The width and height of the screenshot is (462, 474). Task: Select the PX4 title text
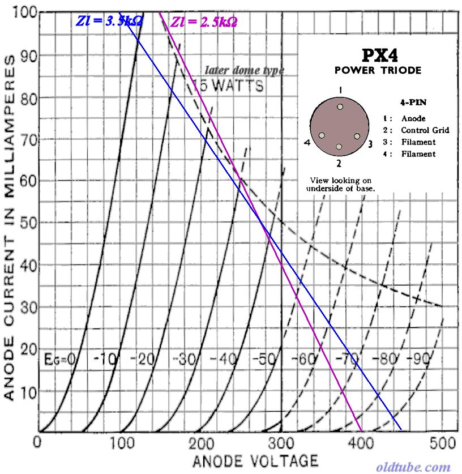(378, 56)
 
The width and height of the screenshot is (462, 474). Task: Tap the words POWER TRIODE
(378, 70)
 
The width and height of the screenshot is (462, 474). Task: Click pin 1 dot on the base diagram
(340, 106)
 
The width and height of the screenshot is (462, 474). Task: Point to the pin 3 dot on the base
(357, 136)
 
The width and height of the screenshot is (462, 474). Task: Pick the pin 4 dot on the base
(322, 136)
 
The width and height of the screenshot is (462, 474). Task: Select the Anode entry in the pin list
(413, 118)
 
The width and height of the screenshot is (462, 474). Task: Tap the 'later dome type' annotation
(244, 71)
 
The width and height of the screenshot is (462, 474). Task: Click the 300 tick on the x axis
(281, 442)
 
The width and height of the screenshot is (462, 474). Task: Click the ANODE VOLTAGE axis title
(255, 460)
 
